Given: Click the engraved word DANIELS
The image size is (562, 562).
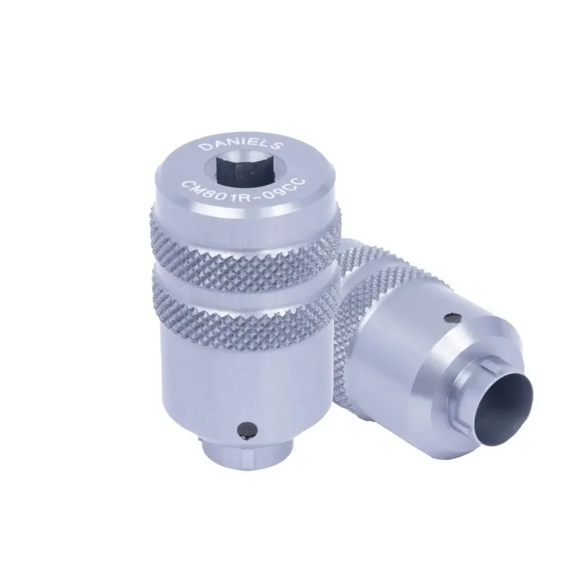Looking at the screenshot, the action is [x=241, y=144].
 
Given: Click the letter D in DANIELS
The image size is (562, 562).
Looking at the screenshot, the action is [x=205, y=148].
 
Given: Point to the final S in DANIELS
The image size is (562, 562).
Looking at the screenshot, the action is [x=277, y=146].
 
